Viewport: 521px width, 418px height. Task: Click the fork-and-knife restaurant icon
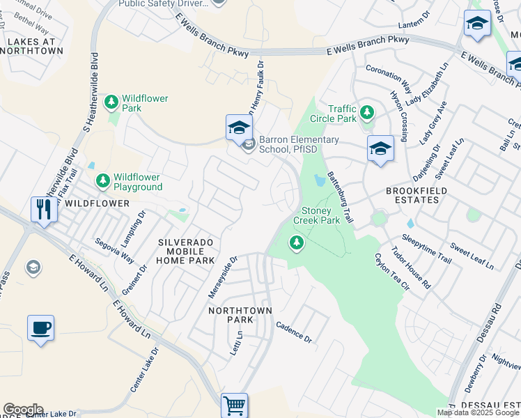click(x=44, y=208)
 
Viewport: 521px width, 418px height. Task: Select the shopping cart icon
click(x=234, y=405)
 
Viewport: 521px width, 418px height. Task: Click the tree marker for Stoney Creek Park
click(x=297, y=243)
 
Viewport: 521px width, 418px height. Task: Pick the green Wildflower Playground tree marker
click(x=103, y=182)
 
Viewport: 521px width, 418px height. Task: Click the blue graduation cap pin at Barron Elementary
click(x=238, y=128)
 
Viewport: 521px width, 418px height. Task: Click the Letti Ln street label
click(x=237, y=344)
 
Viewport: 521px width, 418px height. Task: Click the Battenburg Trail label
click(x=341, y=198)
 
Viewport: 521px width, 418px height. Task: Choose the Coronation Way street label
click(x=384, y=75)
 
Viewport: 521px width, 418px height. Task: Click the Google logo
click(x=23, y=410)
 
